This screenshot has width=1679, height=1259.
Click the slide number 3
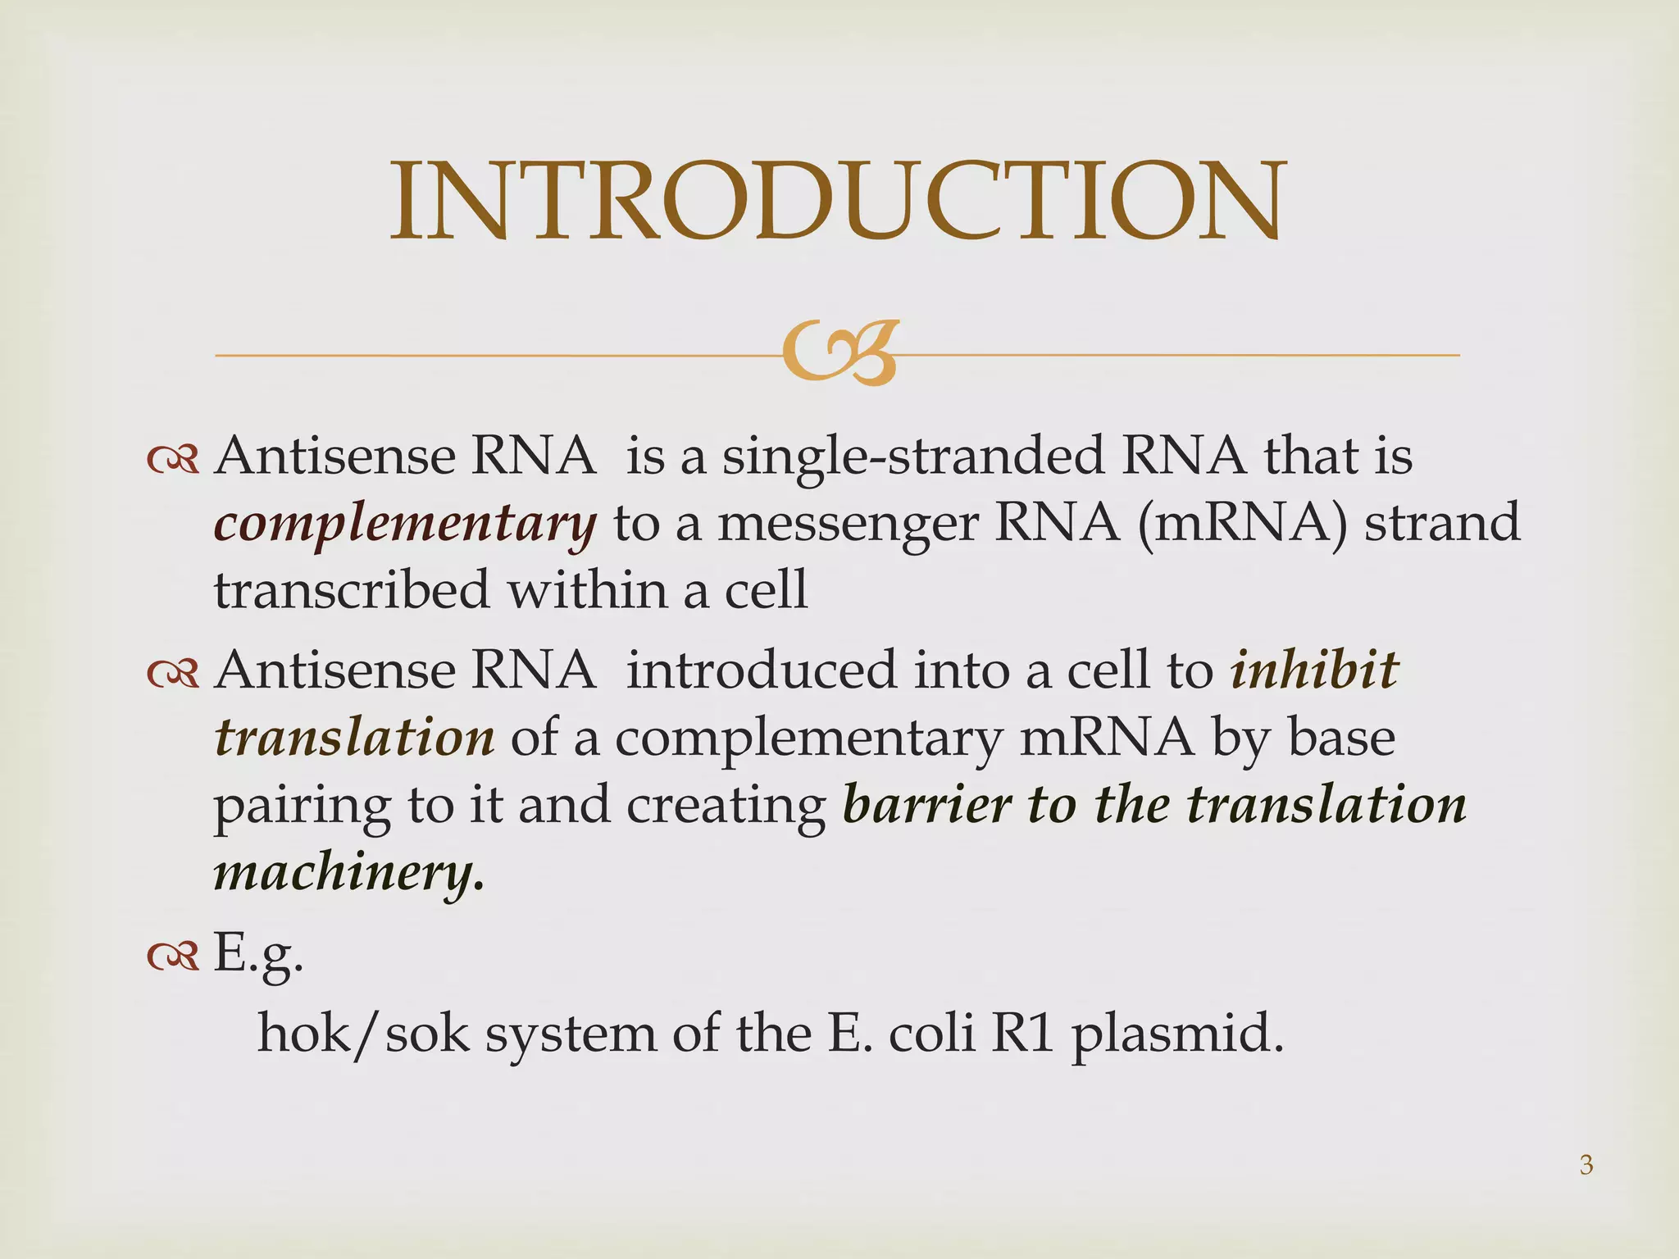pos(1586,1165)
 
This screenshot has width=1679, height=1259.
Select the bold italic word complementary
pos(405,525)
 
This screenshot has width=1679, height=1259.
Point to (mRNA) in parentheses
pos(1240,523)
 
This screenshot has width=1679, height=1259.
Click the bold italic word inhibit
pos(1314,670)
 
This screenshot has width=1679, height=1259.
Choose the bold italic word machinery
pos(348,872)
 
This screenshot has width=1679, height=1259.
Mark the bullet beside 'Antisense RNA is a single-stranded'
pos(172,461)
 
